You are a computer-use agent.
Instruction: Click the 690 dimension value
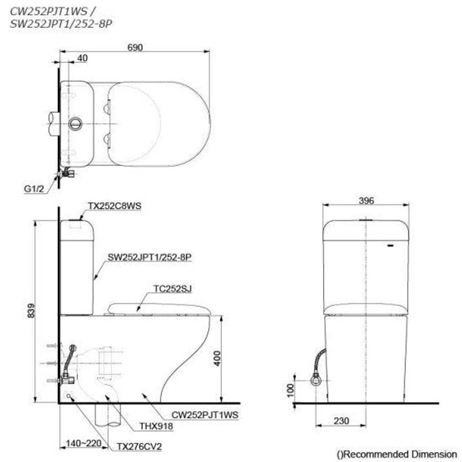(x=135, y=47)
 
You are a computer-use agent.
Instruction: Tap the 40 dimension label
(x=83, y=58)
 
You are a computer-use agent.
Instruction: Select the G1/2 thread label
(x=34, y=189)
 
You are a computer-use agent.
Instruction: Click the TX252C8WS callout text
(x=115, y=206)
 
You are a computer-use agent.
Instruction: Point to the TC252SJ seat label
(x=173, y=289)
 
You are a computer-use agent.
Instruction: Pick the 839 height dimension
(x=31, y=311)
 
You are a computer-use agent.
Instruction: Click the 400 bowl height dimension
(x=217, y=358)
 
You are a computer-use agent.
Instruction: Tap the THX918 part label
(x=156, y=426)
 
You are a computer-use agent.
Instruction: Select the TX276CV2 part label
(x=139, y=446)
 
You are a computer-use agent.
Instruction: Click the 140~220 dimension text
(x=83, y=443)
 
